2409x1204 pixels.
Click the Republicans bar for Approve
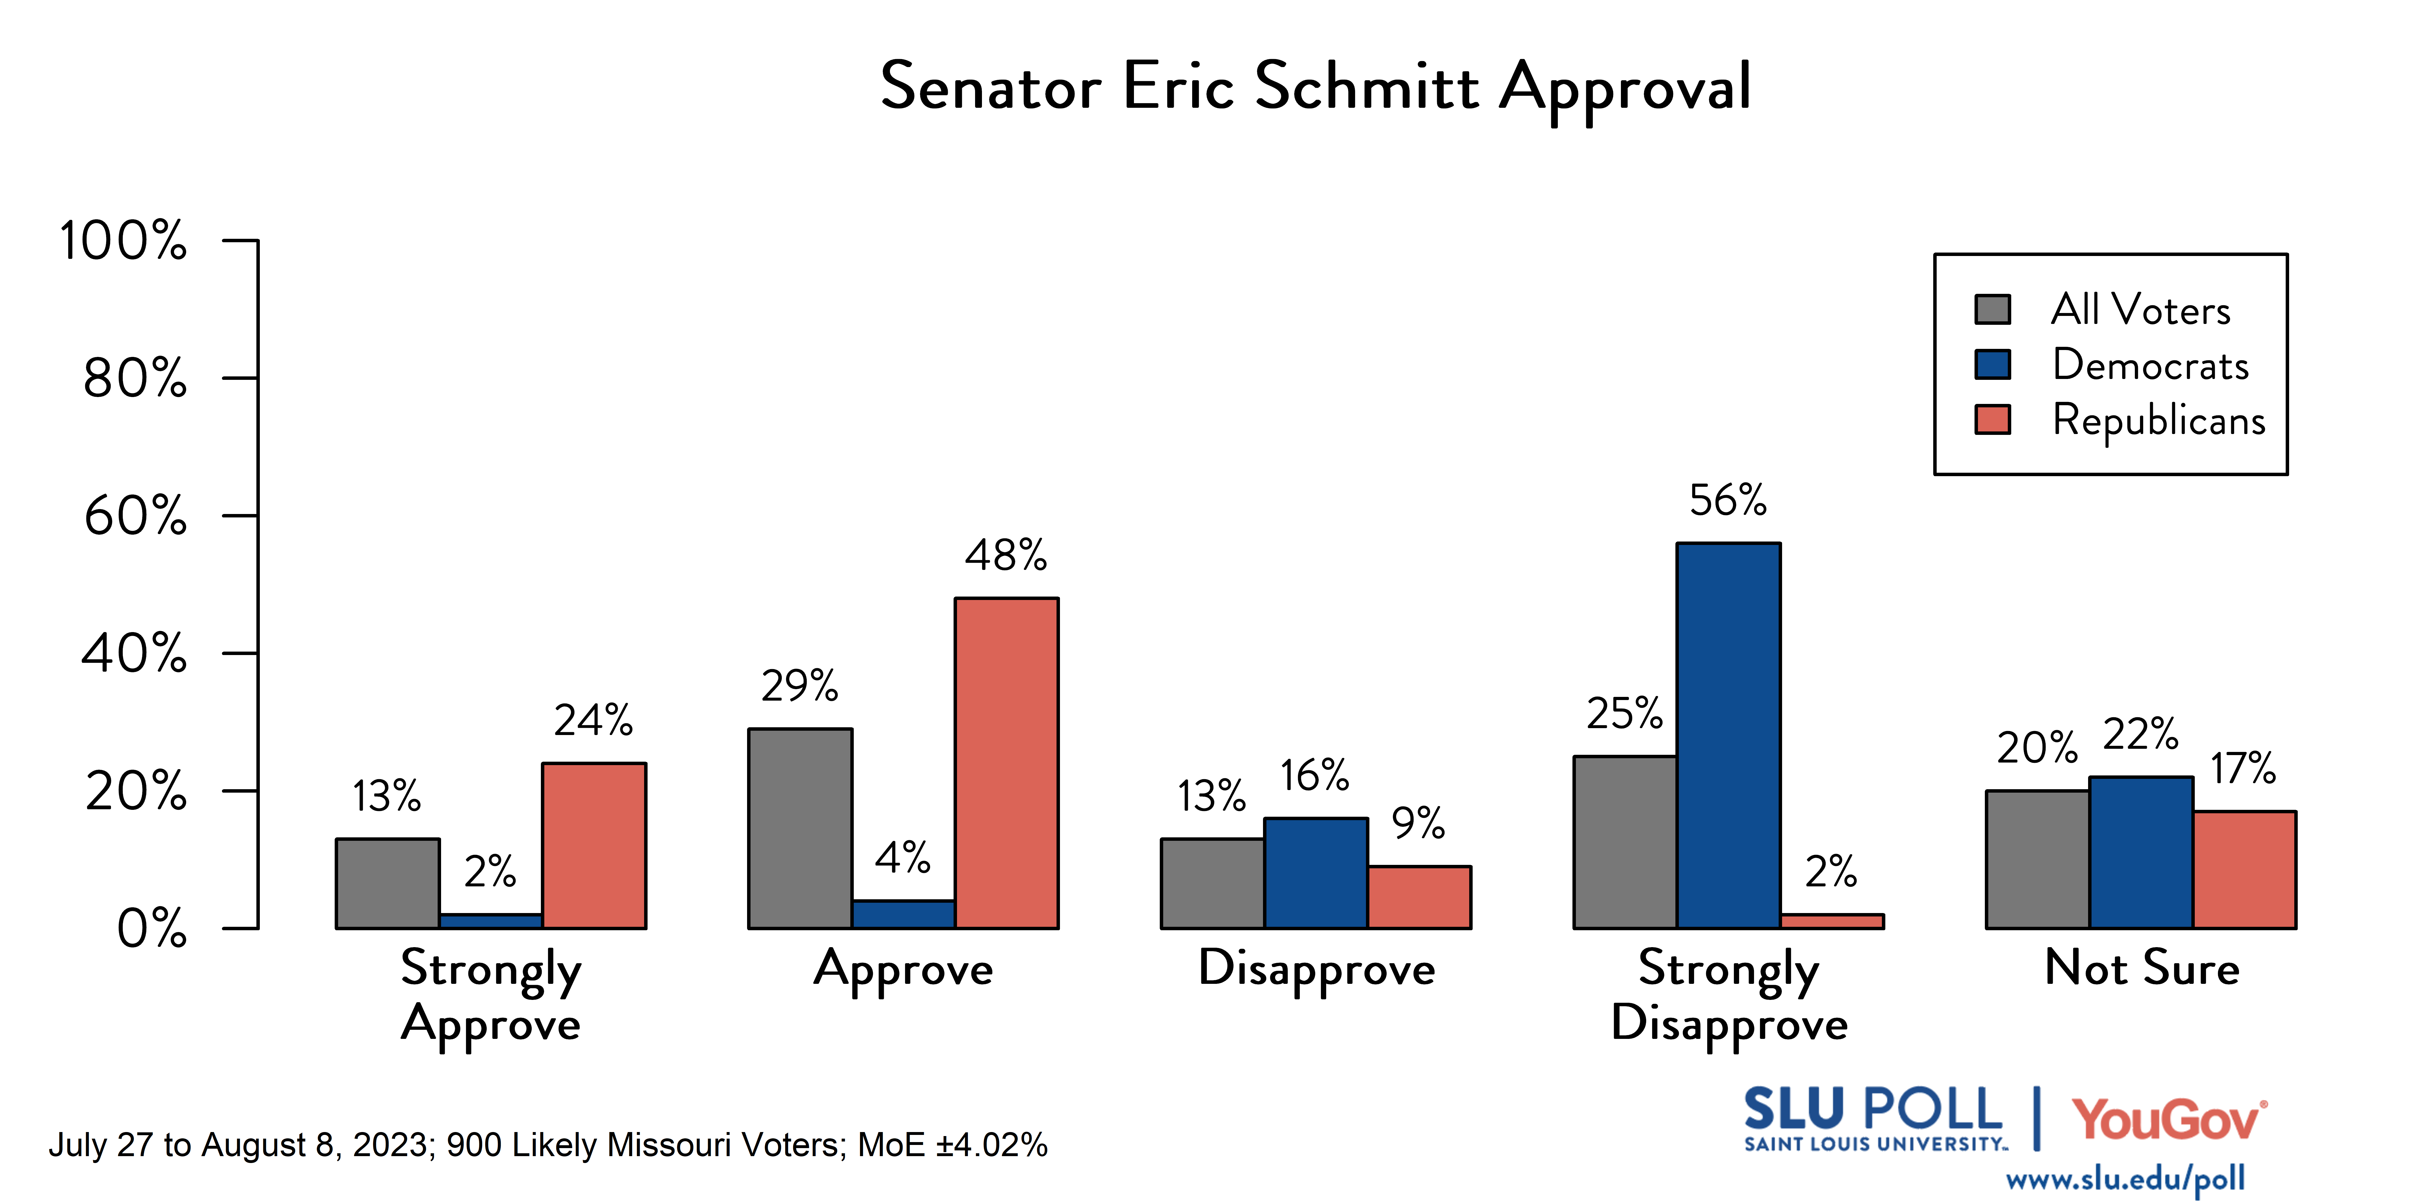point(1006,763)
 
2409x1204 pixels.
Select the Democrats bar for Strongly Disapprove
point(1728,736)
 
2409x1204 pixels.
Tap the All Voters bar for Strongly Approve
point(387,884)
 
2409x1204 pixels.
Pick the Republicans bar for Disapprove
point(1419,897)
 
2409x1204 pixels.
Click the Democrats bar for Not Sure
point(2141,853)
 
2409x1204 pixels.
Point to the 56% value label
point(1727,501)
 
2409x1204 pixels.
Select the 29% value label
point(800,686)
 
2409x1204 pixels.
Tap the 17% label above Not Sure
point(2243,768)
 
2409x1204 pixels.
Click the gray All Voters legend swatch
point(1992,309)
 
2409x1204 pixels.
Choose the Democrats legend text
point(2150,365)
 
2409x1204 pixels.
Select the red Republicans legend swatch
point(1992,420)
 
